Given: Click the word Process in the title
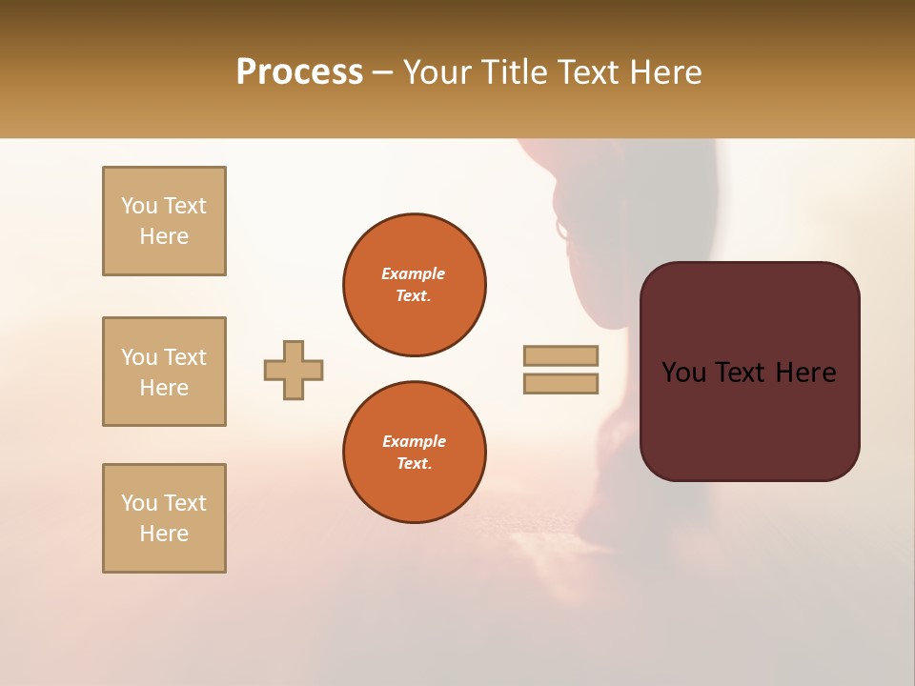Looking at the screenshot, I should click(299, 72).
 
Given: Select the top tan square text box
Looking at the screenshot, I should click(164, 221).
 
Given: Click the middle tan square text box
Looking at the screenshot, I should click(164, 372).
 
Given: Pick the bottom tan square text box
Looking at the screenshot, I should click(164, 518).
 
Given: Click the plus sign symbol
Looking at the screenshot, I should click(294, 370).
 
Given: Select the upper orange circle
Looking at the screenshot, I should click(414, 285).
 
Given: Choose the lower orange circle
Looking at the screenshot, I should click(414, 453).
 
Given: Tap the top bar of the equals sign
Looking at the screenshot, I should click(560, 355).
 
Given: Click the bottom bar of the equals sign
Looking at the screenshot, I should click(560, 383).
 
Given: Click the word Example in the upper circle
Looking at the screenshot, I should click(414, 273).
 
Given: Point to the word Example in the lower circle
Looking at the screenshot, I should click(414, 441).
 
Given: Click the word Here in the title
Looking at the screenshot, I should click(664, 72).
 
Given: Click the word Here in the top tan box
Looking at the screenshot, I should click(164, 236).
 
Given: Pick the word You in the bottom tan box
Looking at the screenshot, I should click(138, 503).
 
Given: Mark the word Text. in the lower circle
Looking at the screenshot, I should click(414, 464).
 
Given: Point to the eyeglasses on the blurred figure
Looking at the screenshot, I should click(562, 230).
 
